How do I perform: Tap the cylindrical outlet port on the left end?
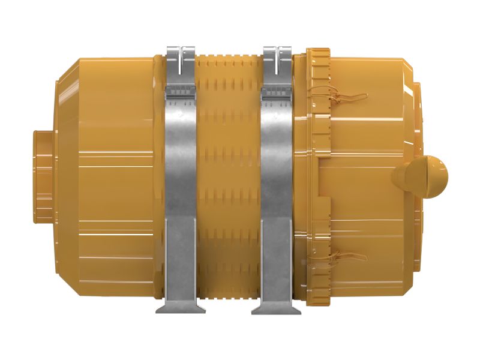45,178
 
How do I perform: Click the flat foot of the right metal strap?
276,308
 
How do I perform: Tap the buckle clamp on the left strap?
181,91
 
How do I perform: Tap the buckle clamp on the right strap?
277,91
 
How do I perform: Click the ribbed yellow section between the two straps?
228,180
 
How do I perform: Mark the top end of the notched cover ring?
318,54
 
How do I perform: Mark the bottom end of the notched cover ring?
318,300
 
